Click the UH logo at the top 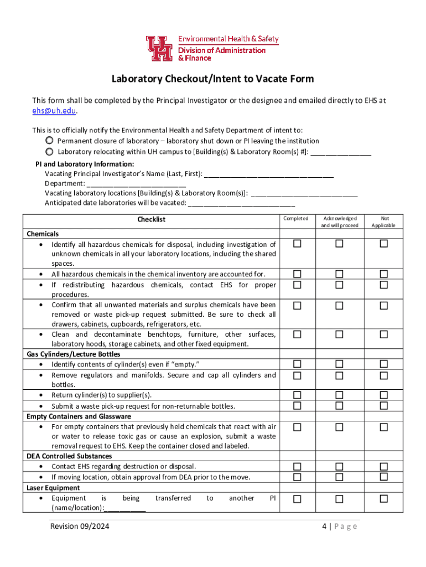tap(160, 48)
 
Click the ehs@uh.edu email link tap(54, 111)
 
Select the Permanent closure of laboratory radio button tap(50, 141)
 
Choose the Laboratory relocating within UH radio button tap(50, 151)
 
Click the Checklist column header tap(151, 220)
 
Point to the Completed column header tap(296, 219)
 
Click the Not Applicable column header tap(383, 221)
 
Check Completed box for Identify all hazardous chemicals tap(297, 244)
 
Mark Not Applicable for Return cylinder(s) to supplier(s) tap(383, 395)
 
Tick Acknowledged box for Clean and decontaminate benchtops tap(339, 334)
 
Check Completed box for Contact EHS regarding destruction tap(297, 467)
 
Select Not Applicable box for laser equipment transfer tap(383, 499)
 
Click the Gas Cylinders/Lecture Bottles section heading tap(74, 354)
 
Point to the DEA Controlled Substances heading tap(69, 456)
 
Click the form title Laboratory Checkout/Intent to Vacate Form tap(213, 79)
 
